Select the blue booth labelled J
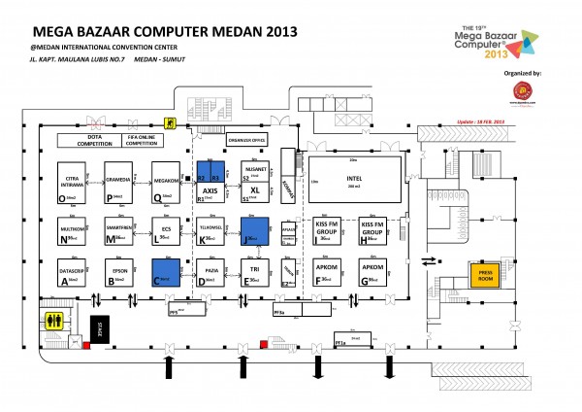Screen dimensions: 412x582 (x=254, y=230)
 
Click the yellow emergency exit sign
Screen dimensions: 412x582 (x=169, y=122)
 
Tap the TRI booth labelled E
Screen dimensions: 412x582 (x=254, y=271)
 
